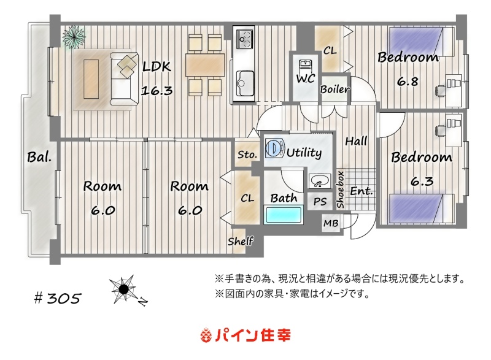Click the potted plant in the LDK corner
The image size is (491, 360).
(74, 37)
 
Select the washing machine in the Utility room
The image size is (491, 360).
(274, 148)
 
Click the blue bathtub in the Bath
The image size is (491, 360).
(284, 215)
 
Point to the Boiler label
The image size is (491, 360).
(334, 90)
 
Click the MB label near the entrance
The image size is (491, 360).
(331, 223)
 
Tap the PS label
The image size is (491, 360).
(320, 202)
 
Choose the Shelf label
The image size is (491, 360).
(241, 241)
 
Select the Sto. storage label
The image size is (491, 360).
(247, 155)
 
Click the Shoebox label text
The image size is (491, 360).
(341, 190)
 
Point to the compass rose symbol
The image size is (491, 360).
(125, 289)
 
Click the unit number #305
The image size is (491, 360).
(57, 298)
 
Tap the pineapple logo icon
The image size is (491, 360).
(206, 335)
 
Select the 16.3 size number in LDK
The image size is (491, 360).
(157, 91)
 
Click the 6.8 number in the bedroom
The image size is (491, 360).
(408, 82)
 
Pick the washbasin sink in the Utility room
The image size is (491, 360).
(320, 181)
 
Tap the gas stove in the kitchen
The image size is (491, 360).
(244, 39)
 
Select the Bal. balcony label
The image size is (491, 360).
(39, 157)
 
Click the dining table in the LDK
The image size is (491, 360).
(205, 65)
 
